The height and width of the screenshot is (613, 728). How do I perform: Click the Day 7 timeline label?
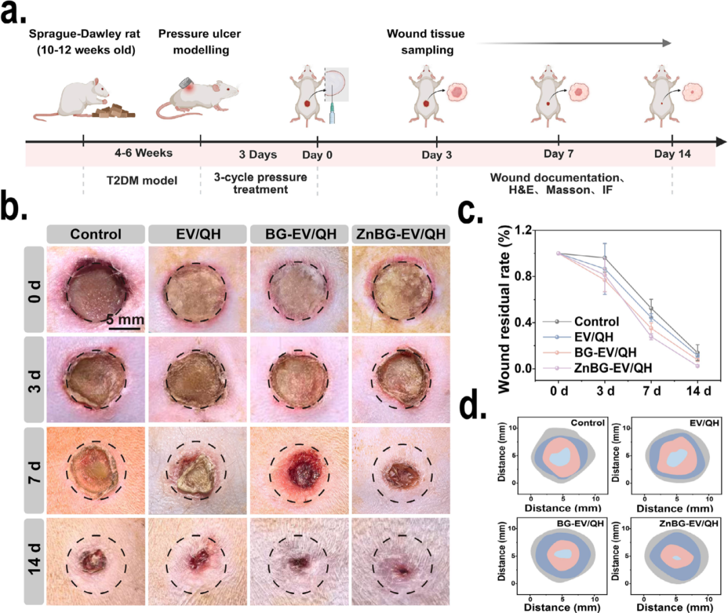pos(559,154)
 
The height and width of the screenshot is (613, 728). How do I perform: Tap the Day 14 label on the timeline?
pos(672,154)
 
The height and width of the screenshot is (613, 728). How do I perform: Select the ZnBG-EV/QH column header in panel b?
pos(400,234)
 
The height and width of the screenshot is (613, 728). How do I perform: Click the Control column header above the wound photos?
pos(96,234)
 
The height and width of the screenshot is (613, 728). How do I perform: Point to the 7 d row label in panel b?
pos(34,471)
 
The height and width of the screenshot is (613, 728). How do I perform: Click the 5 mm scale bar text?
pos(125,320)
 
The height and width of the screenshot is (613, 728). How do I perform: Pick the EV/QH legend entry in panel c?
pos(593,337)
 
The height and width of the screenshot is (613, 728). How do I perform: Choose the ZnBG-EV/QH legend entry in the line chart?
pos(613,368)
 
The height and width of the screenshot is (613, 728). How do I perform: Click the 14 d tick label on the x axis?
pos(698,391)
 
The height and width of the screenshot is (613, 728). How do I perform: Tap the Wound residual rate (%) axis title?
pos(504,309)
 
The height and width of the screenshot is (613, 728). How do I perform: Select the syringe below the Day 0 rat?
pos(332,114)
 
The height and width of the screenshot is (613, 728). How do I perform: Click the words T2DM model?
pos(142,181)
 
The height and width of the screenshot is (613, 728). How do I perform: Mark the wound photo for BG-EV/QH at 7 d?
pos(299,471)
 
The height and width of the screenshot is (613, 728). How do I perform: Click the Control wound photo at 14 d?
pos(96,562)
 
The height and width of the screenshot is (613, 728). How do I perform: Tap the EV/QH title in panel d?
pos(704,423)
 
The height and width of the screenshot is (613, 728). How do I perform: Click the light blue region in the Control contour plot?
pos(559,457)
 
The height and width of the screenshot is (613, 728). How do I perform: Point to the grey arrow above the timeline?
pos(574,43)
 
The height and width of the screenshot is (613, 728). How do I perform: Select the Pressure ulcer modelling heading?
pos(200,42)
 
